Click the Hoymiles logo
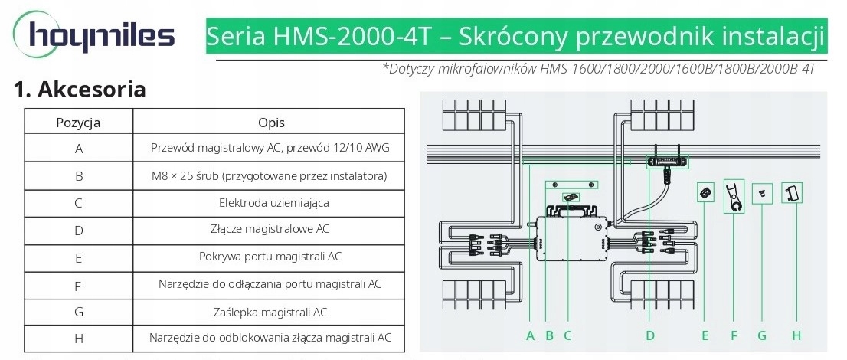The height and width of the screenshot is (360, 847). click(94, 35)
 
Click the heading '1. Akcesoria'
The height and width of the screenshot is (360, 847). click(80, 89)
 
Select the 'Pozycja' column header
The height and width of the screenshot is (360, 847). click(78, 122)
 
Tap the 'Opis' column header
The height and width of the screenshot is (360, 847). click(271, 122)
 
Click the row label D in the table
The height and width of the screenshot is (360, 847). click(79, 231)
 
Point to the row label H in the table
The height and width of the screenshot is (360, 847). click(79, 339)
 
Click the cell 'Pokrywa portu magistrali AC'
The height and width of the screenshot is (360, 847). click(270, 257)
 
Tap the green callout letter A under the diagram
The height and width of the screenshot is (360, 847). click(531, 335)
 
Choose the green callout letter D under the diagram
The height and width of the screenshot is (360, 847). click(650, 335)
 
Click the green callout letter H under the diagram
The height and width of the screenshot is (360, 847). click(796, 335)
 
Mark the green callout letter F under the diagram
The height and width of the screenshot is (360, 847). click(733, 335)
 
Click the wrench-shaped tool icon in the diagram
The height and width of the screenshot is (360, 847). click(734, 197)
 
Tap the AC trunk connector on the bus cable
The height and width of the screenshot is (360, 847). click(669, 162)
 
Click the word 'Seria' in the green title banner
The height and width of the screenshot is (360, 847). click(236, 36)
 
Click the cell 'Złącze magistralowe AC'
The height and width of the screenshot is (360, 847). click(270, 229)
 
